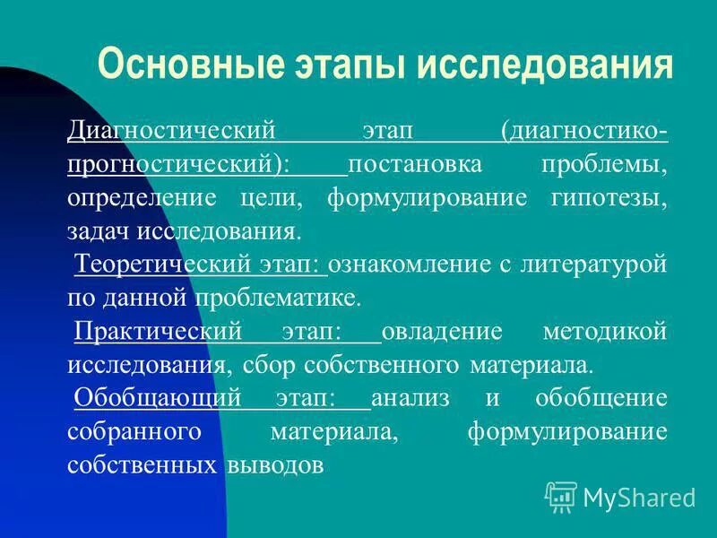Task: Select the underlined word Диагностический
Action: (x=170, y=132)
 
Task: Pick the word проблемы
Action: (x=606, y=165)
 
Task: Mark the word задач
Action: (x=99, y=231)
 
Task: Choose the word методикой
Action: (x=605, y=332)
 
